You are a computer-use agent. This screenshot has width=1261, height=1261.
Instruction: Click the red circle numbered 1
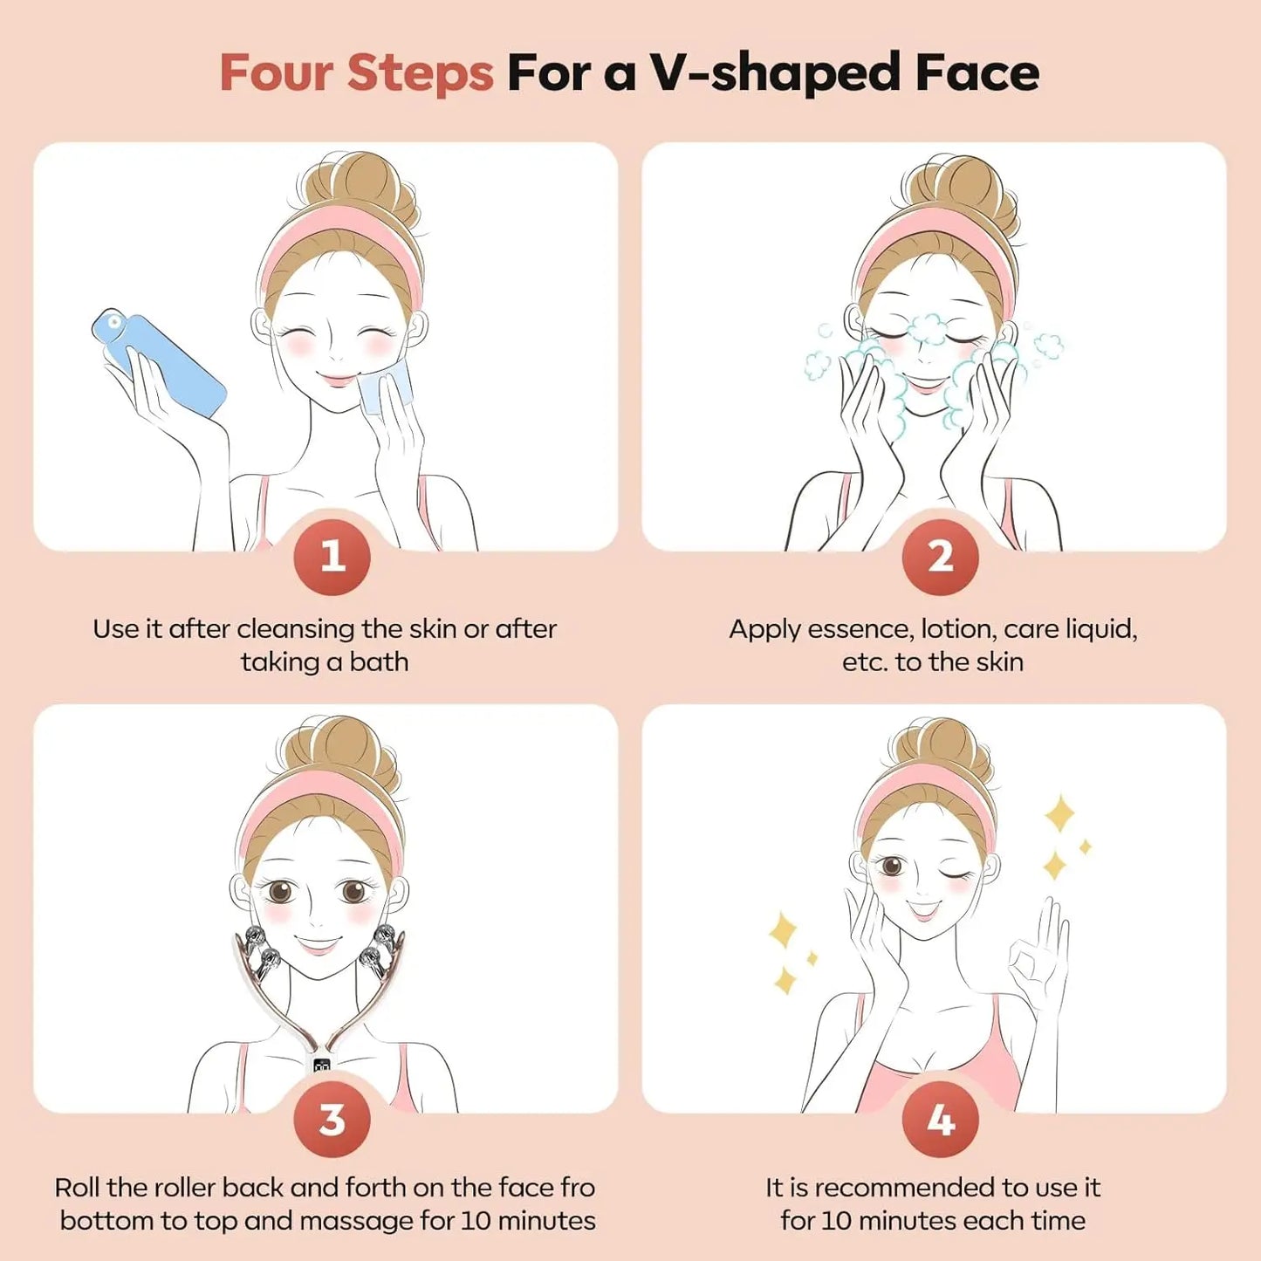tap(332, 557)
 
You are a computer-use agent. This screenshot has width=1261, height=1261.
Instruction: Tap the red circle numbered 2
tap(940, 557)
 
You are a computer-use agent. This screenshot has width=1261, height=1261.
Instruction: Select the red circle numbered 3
tap(332, 1120)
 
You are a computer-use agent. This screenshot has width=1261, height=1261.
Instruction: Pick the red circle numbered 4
tap(940, 1120)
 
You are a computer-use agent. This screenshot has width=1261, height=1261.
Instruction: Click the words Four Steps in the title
tap(356, 72)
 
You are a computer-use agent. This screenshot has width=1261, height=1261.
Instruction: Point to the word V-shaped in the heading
tap(775, 72)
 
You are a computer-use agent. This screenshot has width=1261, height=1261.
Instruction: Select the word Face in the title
tap(977, 72)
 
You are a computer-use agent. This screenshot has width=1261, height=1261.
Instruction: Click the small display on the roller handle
tap(321, 1065)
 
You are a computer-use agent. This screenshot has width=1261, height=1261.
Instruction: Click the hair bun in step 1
tap(353, 188)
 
